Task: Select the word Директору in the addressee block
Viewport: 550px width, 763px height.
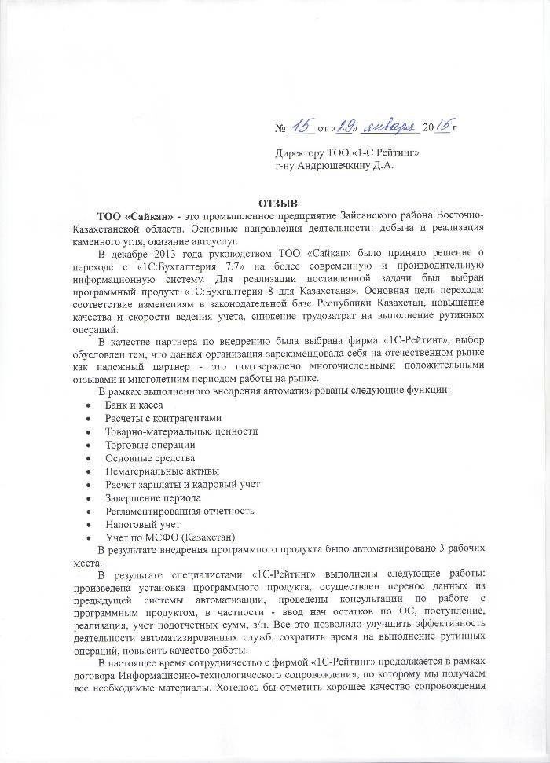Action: (299, 152)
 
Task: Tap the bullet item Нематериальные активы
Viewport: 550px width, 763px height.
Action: (156, 471)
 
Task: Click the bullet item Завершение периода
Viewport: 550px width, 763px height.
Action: (152, 497)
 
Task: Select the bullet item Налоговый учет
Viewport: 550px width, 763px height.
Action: (143, 524)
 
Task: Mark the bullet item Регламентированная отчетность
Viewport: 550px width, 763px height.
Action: (180, 511)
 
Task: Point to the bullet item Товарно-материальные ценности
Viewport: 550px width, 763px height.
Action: (181, 431)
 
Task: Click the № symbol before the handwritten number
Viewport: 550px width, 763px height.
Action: (280, 127)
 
